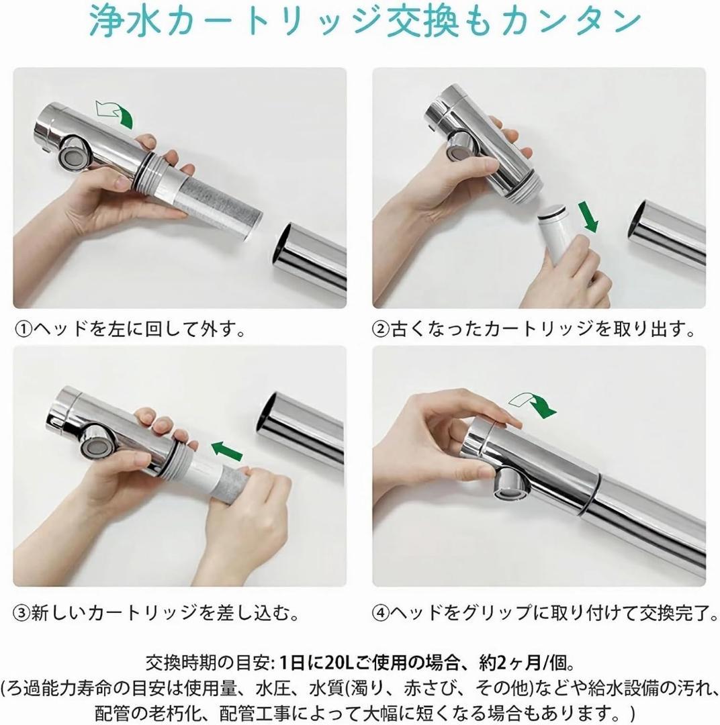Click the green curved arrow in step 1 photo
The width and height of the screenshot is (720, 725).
point(116,112)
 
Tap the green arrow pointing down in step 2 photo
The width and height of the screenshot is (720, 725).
point(590,217)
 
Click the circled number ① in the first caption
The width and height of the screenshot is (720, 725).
point(23,330)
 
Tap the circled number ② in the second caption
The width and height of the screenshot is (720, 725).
point(381,330)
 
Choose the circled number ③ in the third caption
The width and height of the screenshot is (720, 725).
point(23,614)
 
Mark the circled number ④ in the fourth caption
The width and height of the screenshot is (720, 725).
point(381,614)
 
